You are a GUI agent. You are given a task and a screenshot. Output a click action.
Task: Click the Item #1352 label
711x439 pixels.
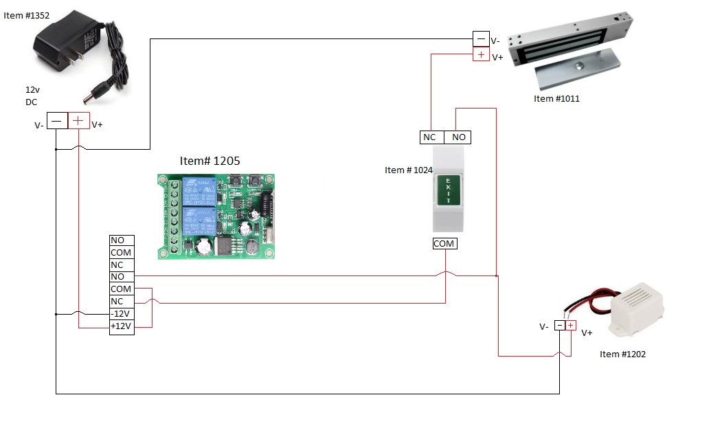27,14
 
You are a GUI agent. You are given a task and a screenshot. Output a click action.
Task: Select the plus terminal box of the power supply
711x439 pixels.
78,121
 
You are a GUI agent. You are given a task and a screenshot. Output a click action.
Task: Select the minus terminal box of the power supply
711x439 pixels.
57,121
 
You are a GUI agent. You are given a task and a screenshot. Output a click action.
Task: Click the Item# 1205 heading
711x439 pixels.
210,161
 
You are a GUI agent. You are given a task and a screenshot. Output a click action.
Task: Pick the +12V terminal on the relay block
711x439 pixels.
122,326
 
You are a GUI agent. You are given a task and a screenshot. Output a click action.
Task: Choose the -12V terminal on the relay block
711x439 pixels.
122,314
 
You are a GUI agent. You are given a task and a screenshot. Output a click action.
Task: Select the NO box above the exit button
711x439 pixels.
459,137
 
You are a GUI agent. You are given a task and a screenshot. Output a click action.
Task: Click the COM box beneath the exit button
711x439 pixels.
444,243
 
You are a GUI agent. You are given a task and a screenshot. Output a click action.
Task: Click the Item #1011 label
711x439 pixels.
556,99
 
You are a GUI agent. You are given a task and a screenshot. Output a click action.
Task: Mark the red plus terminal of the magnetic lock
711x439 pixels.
481,55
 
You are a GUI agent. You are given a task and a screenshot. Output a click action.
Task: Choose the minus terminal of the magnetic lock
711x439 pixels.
481,39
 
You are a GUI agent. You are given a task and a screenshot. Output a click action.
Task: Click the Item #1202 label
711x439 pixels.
622,354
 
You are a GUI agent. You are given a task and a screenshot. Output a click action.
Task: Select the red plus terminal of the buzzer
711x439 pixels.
570,326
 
